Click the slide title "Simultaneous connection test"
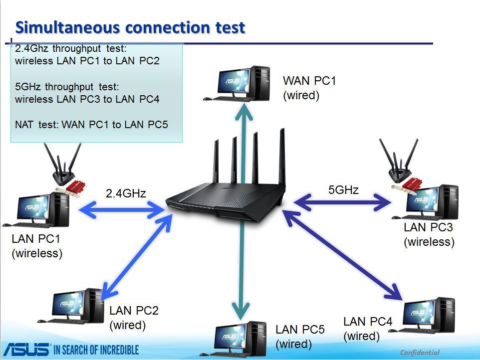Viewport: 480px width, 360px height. coord(130,27)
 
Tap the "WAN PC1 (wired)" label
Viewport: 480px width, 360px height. coord(309,88)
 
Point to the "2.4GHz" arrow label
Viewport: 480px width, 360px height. coord(126,193)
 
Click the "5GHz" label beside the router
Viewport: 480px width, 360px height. coord(343,189)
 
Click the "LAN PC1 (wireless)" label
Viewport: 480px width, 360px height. coord(37,246)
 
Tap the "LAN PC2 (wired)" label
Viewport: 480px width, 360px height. coord(134,318)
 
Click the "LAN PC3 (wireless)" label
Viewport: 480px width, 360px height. coord(429,235)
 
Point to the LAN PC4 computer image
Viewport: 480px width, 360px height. coord(429,316)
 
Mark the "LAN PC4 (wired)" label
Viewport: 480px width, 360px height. coord(368,329)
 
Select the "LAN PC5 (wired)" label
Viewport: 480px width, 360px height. coord(300,337)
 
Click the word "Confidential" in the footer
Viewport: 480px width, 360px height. coord(420,353)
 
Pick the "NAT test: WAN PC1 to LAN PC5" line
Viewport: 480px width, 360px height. coord(91,124)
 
